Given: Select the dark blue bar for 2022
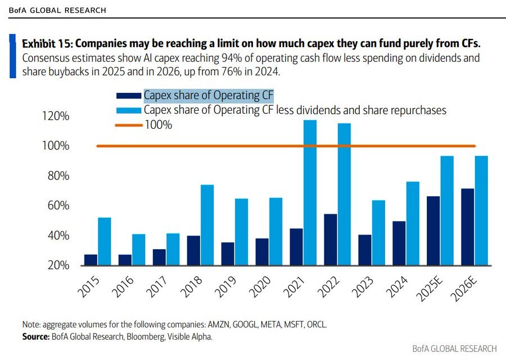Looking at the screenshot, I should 330,239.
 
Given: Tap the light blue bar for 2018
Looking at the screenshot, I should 207,224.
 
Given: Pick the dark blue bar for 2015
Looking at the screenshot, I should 91,259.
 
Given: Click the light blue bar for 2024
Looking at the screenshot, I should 413,223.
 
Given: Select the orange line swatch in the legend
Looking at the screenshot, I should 128,125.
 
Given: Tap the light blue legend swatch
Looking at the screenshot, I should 128,110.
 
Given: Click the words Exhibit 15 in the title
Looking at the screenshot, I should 45,43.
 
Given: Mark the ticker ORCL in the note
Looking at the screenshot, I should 315,325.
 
